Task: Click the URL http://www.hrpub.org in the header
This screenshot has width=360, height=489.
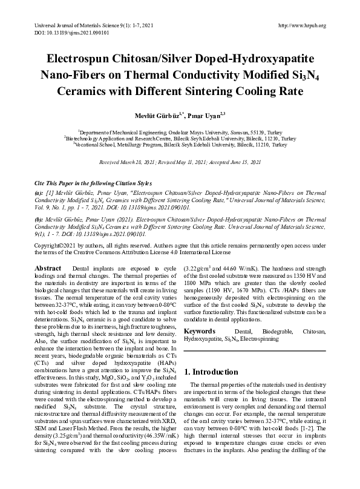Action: tap(301, 25)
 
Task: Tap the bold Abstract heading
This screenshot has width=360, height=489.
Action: tap(48, 267)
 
